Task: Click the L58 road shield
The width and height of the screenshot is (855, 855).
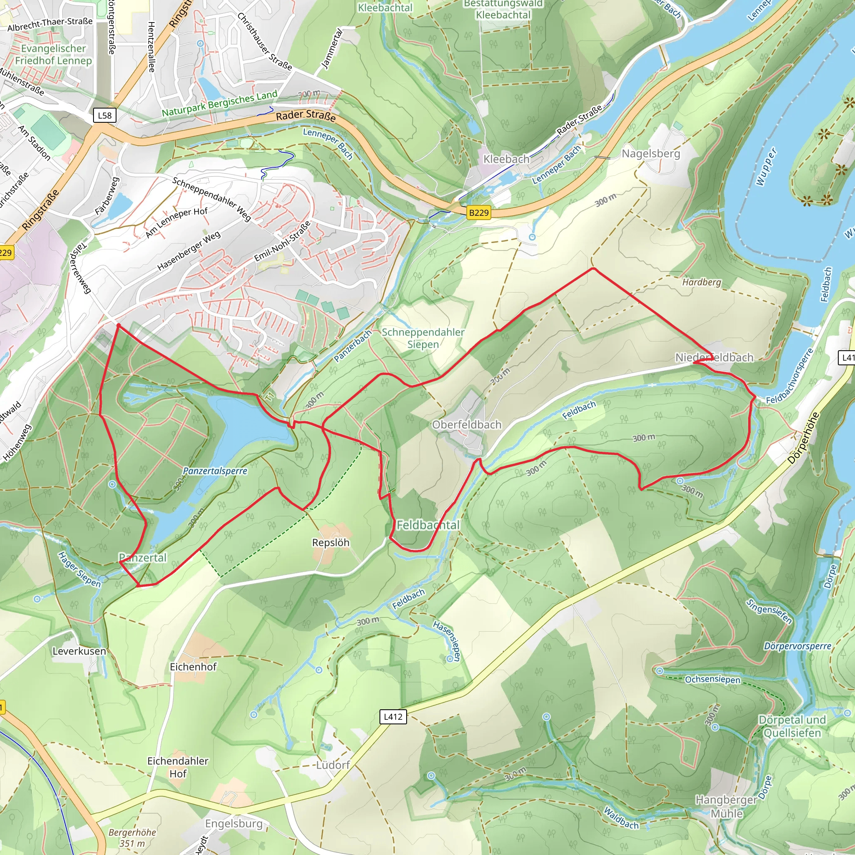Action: tap(105, 116)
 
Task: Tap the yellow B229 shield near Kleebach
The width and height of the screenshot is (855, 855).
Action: tap(478, 212)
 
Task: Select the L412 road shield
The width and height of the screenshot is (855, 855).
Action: tap(393, 716)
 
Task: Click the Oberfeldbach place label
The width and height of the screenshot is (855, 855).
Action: tap(467, 425)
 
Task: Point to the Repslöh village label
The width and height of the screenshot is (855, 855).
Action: tap(331, 543)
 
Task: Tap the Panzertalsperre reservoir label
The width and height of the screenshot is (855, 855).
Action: tap(215, 471)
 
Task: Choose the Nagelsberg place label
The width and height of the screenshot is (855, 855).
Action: tap(650, 154)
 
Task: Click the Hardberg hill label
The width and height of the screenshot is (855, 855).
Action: tap(701, 282)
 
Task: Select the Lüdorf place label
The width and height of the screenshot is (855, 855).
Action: tap(333, 765)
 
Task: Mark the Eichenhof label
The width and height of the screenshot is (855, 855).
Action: tap(193, 666)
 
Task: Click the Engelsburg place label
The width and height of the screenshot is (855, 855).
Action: tap(234, 824)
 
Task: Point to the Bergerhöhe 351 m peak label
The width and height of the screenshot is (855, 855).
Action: tap(132, 838)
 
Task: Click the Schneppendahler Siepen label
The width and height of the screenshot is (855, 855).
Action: tap(422, 338)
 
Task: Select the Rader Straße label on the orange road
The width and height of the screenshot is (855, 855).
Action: tap(306, 116)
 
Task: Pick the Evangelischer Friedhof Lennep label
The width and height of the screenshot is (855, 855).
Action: tap(53, 54)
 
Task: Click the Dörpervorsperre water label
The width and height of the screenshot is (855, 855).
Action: tap(797, 647)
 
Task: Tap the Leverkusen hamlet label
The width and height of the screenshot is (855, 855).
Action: tap(79, 651)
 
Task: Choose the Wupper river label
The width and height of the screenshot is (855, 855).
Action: tap(767, 167)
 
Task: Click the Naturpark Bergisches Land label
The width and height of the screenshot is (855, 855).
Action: tap(220, 103)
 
